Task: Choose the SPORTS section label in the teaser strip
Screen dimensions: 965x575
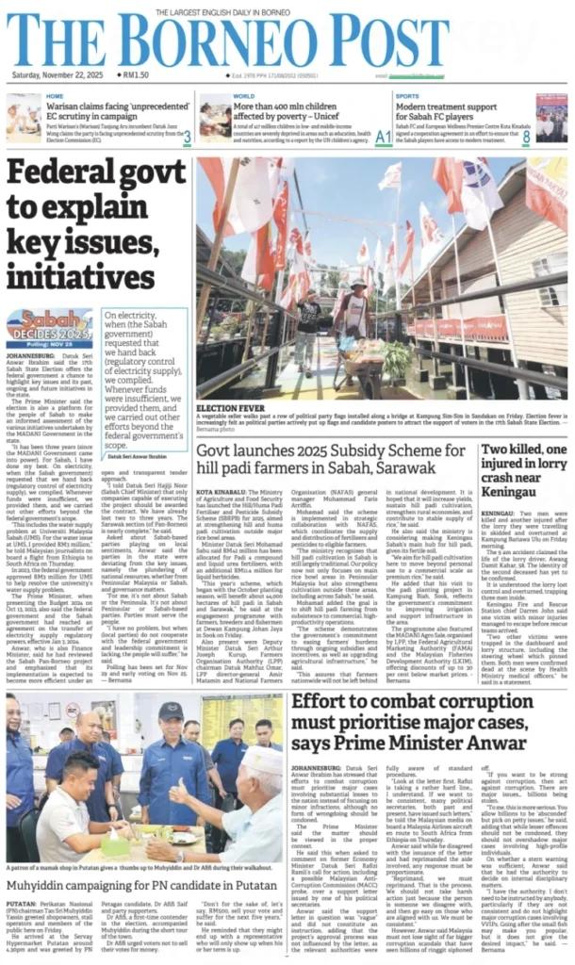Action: [x=408, y=96]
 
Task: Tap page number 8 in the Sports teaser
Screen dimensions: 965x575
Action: [x=552, y=137]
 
